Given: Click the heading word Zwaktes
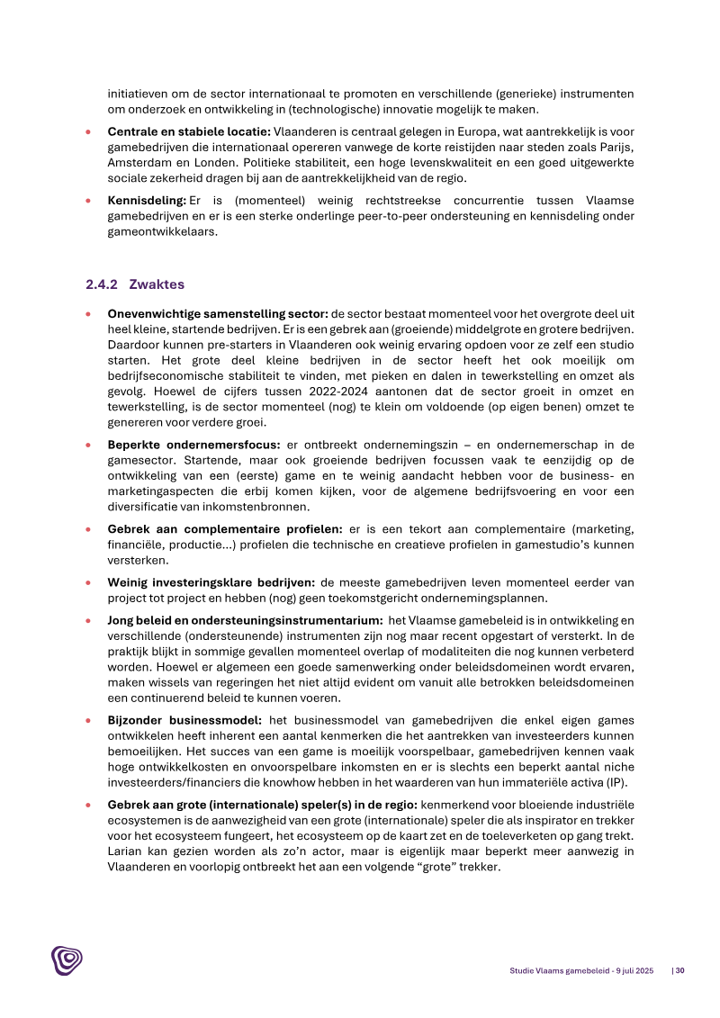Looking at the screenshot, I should point(157,284).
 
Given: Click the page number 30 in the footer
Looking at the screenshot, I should point(680,970).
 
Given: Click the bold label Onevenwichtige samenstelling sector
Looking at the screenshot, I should point(218,314).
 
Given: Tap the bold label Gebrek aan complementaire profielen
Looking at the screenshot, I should point(225,529).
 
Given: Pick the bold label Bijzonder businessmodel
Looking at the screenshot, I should point(185,720).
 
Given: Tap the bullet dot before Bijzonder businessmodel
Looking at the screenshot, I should point(87,720).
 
